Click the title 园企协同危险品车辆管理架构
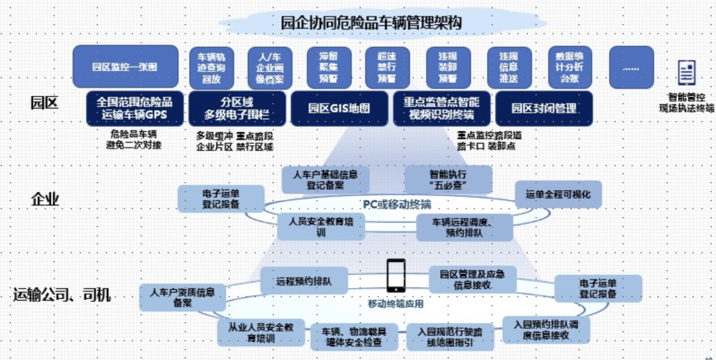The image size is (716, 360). coord(372,22)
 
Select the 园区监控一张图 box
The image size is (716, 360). coord(125,66)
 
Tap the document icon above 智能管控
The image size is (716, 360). coord(686,73)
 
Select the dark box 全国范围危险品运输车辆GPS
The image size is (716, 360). coord(135,108)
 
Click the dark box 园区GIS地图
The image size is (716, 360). coord(339,109)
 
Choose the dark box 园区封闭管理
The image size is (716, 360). coord(544,109)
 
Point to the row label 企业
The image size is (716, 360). coord(45,200)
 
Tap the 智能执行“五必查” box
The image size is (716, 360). coord(448,180)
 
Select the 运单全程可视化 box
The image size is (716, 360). coord(558,194)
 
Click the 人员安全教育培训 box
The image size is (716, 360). coord(321,227)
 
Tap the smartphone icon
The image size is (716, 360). coord(396,276)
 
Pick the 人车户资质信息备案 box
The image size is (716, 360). coord(182,297)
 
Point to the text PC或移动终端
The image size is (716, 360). coord(397,205)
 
